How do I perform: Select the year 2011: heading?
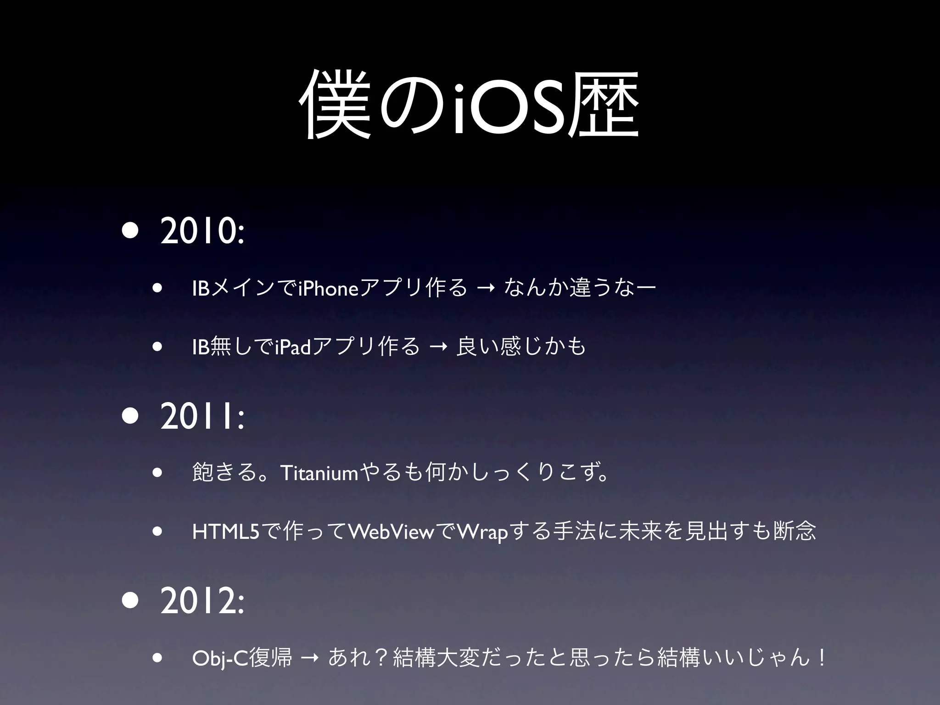click(x=202, y=417)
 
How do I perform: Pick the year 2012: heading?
click(x=202, y=602)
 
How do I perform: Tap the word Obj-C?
click(x=219, y=659)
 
